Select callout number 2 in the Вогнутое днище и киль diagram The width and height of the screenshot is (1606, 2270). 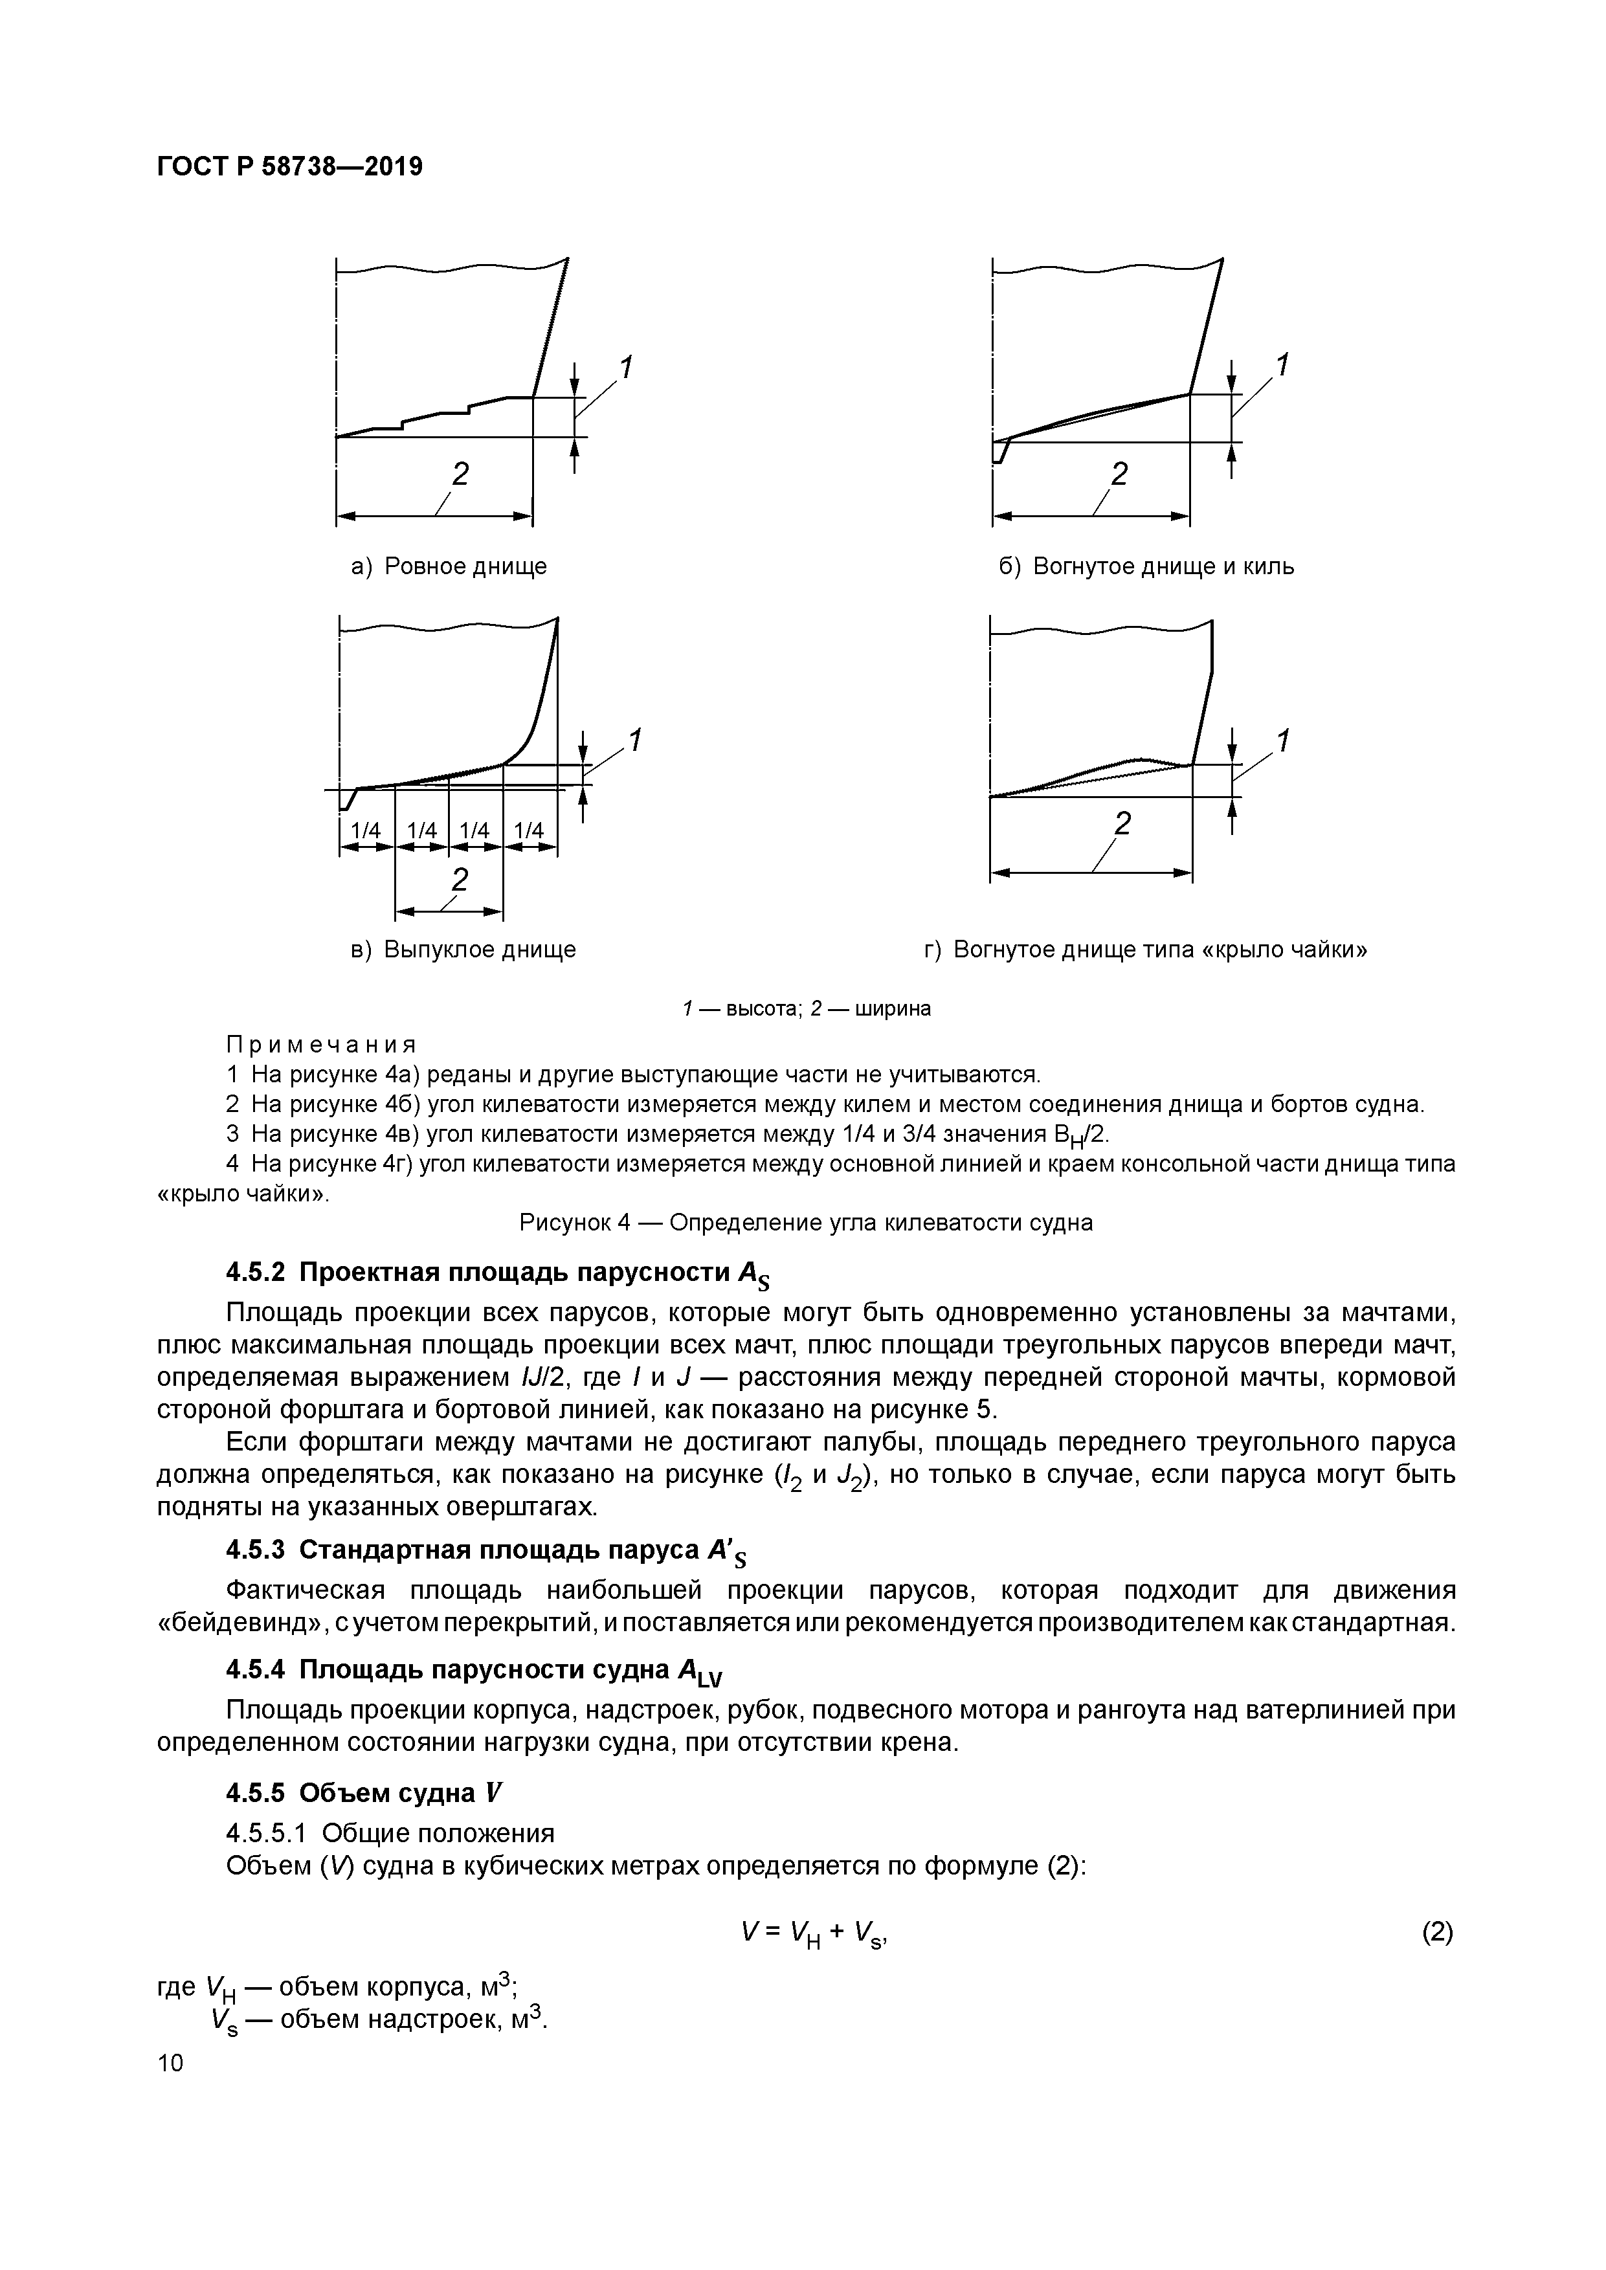pyautogui.click(x=1119, y=474)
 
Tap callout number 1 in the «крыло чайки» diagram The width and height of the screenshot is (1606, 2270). pyautogui.click(x=1282, y=740)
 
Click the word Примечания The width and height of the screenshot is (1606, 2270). pyautogui.click(x=322, y=1045)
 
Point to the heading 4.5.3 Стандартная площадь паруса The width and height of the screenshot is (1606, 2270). pyautogui.click(x=485, y=1550)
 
